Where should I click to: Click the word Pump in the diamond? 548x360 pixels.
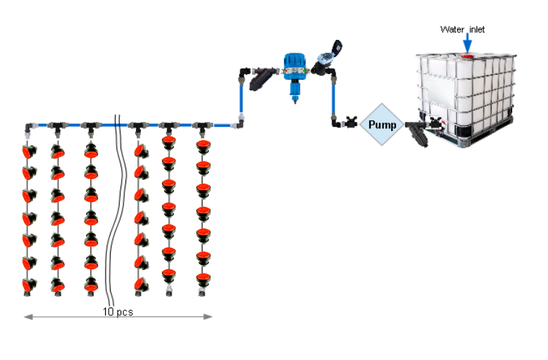pos(382,125)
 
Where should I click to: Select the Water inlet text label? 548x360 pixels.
pos(462,29)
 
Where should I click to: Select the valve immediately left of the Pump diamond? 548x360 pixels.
pos(351,124)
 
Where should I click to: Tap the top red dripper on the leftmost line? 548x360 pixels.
pos(29,151)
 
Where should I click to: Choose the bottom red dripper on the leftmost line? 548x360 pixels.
pos(29,284)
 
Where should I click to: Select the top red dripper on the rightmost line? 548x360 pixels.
pos(203,146)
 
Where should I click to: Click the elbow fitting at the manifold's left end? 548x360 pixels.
pos(28,129)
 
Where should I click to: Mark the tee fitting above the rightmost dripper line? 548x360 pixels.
pos(203,127)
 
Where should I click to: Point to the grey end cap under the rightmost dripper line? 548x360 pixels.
pos(203,290)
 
